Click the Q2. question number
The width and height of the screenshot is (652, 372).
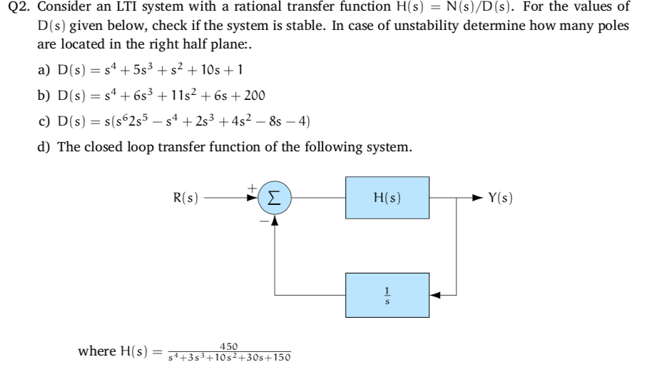pos(17,8)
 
